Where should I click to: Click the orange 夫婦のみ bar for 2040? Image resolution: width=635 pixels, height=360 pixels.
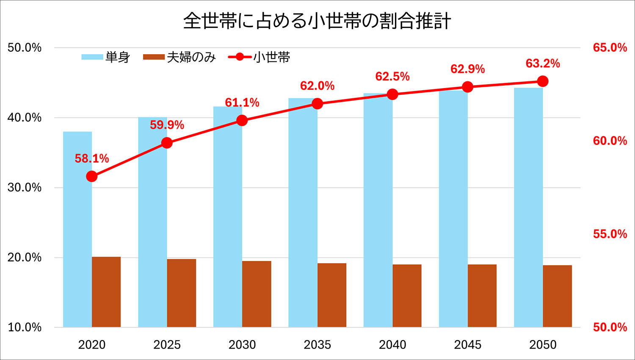coord(407,296)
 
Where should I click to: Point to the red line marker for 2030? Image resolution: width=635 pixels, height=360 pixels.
coord(242,121)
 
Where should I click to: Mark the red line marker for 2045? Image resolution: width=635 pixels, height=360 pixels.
coord(467,87)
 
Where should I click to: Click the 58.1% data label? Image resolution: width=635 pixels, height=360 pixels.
coord(92,158)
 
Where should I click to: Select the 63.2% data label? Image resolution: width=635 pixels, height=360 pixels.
coord(543,64)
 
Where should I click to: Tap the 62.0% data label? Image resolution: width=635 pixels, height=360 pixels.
coord(317,86)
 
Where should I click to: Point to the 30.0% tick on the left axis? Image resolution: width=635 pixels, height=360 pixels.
coord(25,188)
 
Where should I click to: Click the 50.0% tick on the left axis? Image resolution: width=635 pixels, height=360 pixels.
coord(25,47)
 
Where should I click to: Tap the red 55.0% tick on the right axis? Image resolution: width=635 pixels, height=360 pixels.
coord(610,234)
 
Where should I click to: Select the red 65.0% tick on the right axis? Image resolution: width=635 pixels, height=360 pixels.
coord(610,47)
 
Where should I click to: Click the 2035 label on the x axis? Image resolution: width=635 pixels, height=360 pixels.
coord(317,345)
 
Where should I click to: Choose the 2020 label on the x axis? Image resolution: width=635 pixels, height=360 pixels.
coord(92,345)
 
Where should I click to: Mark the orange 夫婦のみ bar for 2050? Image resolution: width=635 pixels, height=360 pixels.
coord(557,296)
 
